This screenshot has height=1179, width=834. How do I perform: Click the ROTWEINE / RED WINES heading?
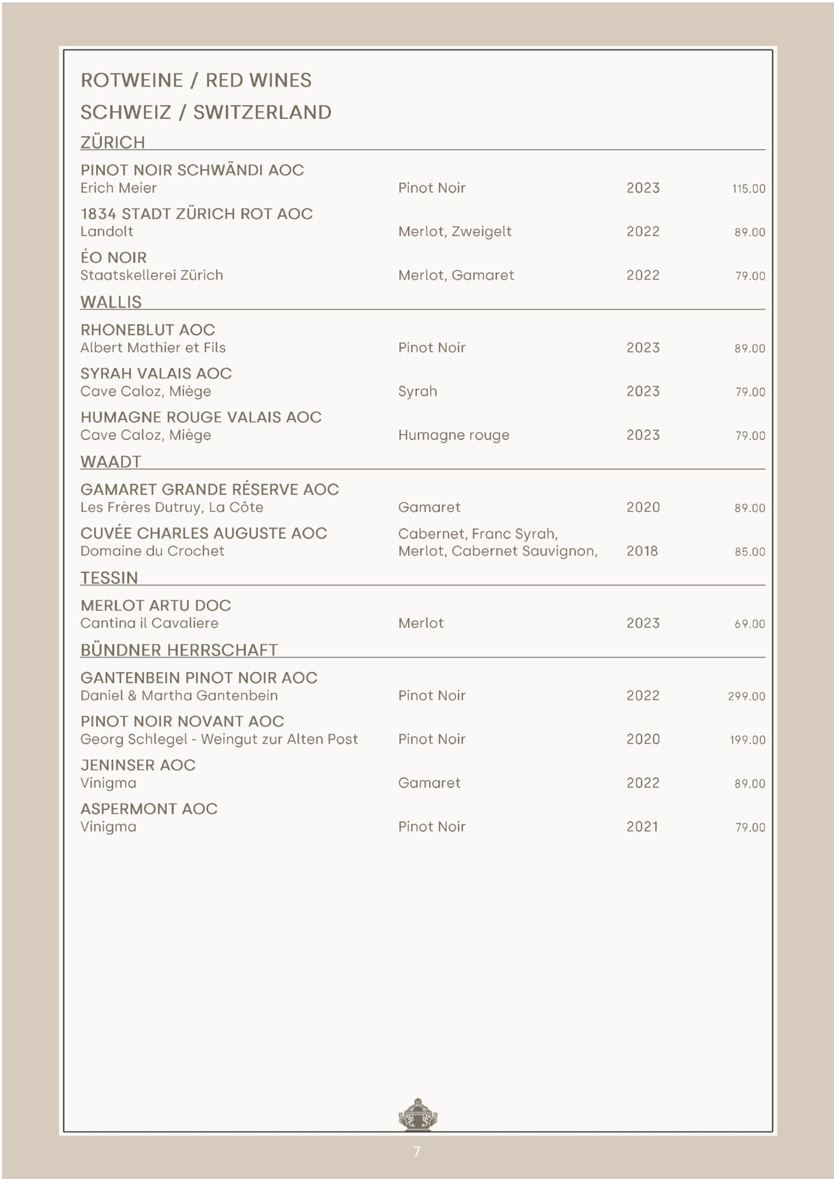pyautogui.click(x=196, y=81)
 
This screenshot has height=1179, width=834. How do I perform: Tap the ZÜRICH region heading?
pyautogui.click(x=113, y=143)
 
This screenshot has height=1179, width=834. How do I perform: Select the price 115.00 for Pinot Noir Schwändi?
pyautogui.click(x=748, y=189)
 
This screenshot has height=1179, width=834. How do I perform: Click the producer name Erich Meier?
pyautogui.click(x=118, y=188)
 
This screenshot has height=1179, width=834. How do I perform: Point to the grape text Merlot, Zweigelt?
pyautogui.click(x=455, y=232)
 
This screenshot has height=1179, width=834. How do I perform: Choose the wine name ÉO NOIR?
pyautogui.click(x=113, y=258)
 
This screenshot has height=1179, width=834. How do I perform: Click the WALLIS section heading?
pyautogui.click(x=111, y=302)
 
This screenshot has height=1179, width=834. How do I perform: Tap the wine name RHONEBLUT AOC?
pyautogui.click(x=147, y=330)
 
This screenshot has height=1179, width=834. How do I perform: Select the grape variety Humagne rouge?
pyautogui.click(x=454, y=435)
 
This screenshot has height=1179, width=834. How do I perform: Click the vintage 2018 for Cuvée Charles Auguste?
pyautogui.click(x=642, y=551)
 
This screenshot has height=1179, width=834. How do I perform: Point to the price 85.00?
pyautogui.click(x=749, y=552)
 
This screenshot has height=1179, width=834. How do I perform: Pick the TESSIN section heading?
pyautogui.click(x=109, y=578)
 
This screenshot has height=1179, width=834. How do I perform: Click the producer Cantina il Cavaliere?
pyautogui.click(x=149, y=624)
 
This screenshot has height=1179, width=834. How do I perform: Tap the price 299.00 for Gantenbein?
pyautogui.click(x=746, y=697)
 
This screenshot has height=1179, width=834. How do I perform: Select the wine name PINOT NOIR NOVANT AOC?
pyautogui.click(x=182, y=722)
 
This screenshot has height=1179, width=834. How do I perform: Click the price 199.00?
pyautogui.click(x=747, y=740)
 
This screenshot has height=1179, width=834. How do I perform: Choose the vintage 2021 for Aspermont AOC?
pyautogui.click(x=642, y=827)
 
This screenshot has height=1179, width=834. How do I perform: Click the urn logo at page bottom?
pyautogui.click(x=417, y=1116)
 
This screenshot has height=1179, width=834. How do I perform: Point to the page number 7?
pyautogui.click(x=417, y=1152)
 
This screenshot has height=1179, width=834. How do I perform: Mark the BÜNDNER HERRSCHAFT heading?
pyautogui.click(x=179, y=650)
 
